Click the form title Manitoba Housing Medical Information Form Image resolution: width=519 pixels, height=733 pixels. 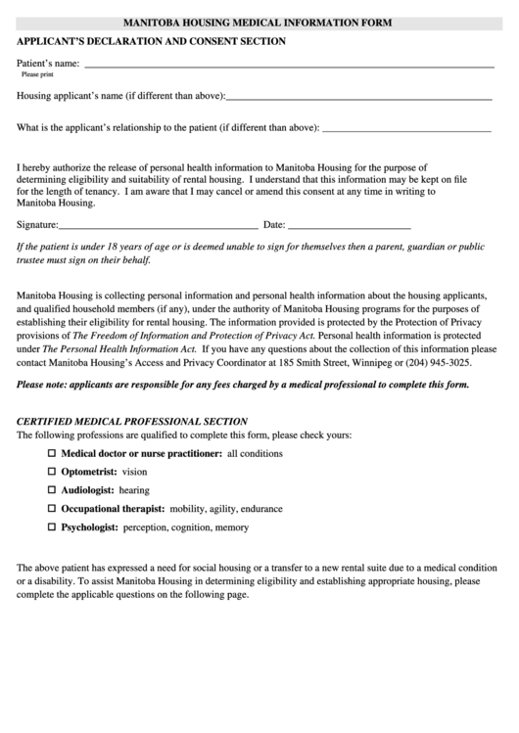coord(259,22)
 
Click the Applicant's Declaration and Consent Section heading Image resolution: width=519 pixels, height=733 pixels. coord(151,41)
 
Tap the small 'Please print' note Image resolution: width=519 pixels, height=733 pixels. coord(37,74)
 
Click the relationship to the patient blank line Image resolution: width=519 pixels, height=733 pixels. coord(406,129)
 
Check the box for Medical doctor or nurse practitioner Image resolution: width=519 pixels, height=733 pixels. coord(52,454)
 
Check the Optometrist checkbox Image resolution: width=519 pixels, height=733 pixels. coord(52,472)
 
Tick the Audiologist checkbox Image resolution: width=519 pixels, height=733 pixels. coord(52,490)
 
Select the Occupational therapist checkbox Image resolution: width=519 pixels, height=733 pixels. coord(52,509)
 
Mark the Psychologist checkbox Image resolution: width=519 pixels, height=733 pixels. coord(52,527)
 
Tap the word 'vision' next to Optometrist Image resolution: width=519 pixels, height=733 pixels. coord(135,472)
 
